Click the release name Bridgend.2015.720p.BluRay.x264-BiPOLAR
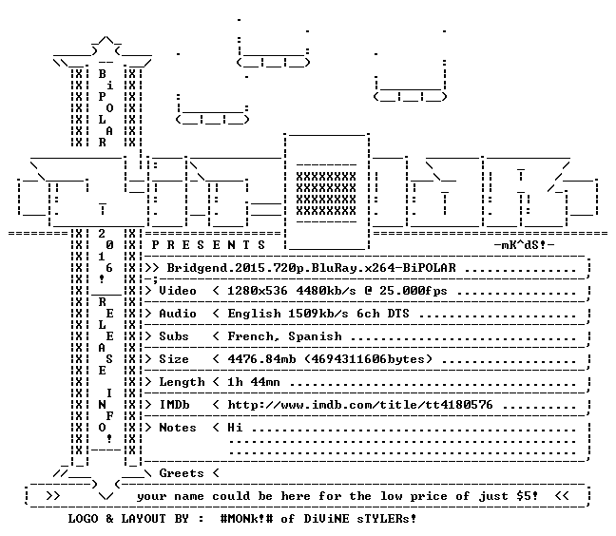click(311, 268)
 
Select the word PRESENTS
click(208, 245)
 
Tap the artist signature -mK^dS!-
click(524, 245)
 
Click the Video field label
click(177, 291)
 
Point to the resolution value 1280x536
click(258, 291)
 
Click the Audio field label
click(177, 314)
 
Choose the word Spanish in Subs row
click(315, 336)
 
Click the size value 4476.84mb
click(261, 359)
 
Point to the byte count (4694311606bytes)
click(368, 359)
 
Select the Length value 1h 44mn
click(254, 382)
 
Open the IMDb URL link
click(360, 405)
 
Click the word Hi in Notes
click(235, 428)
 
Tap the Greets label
click(182, 473)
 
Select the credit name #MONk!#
click(246, 519)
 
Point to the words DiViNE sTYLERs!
click(360, 519)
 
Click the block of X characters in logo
click(326, 194)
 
